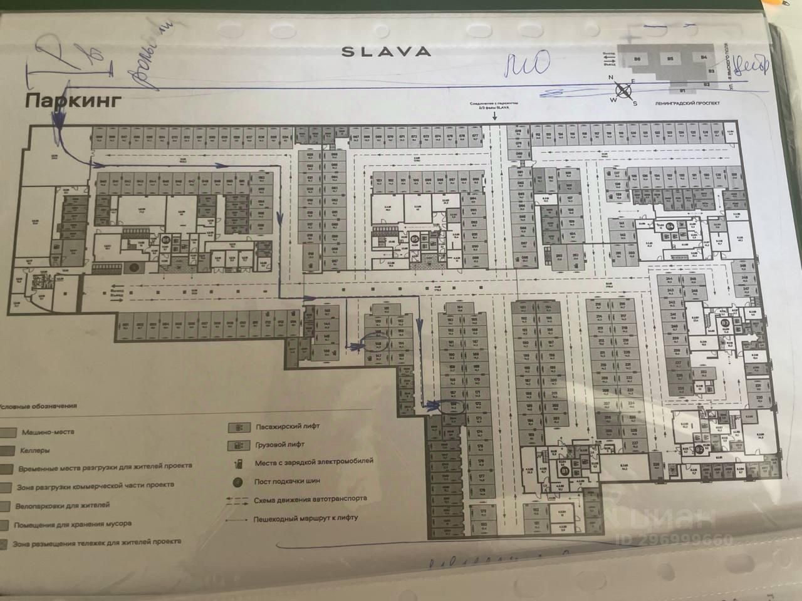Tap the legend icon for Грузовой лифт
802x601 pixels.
tap(239, 444)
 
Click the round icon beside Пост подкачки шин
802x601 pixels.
tap(238, 482)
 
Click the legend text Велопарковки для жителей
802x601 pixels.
tap(65, 505)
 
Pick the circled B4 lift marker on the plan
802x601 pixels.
tap(670, 226)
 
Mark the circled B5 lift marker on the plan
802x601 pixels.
tap(414, 238)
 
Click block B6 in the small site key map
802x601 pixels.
tap(638, 59)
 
